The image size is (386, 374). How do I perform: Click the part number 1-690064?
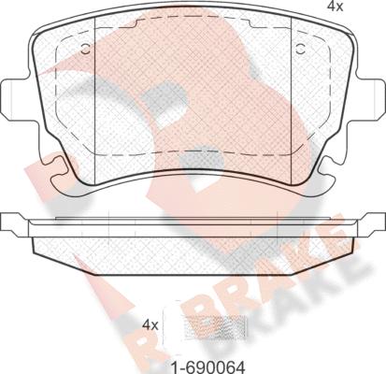(207, 367)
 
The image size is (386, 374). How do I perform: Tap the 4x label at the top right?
(335, 7)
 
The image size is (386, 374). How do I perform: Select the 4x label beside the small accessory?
(150, 325)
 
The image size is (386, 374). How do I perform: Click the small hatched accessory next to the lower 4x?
(216, 326)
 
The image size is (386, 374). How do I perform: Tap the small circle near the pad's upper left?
(85, 49)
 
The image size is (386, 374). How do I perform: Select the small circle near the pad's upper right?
(300, 49)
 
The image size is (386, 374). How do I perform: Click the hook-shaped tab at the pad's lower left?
(60, 176)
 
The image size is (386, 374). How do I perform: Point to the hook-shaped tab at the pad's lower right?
(326, 176)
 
